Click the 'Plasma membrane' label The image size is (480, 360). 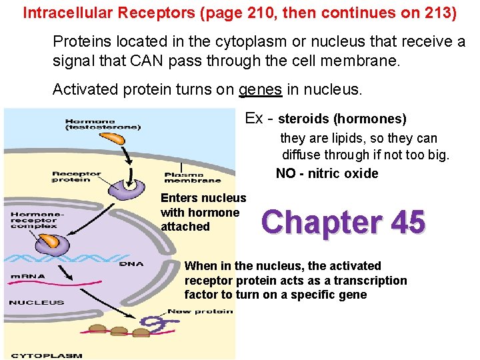193,177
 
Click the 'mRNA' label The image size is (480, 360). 27,276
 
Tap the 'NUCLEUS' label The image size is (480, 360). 36,303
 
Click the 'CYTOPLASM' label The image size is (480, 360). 47,355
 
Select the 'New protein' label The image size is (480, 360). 200,311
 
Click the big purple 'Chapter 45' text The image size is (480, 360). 343,222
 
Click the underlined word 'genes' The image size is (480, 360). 260,89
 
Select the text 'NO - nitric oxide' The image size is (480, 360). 327,174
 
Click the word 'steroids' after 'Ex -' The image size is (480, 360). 303,119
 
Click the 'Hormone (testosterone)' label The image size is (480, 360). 103,124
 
